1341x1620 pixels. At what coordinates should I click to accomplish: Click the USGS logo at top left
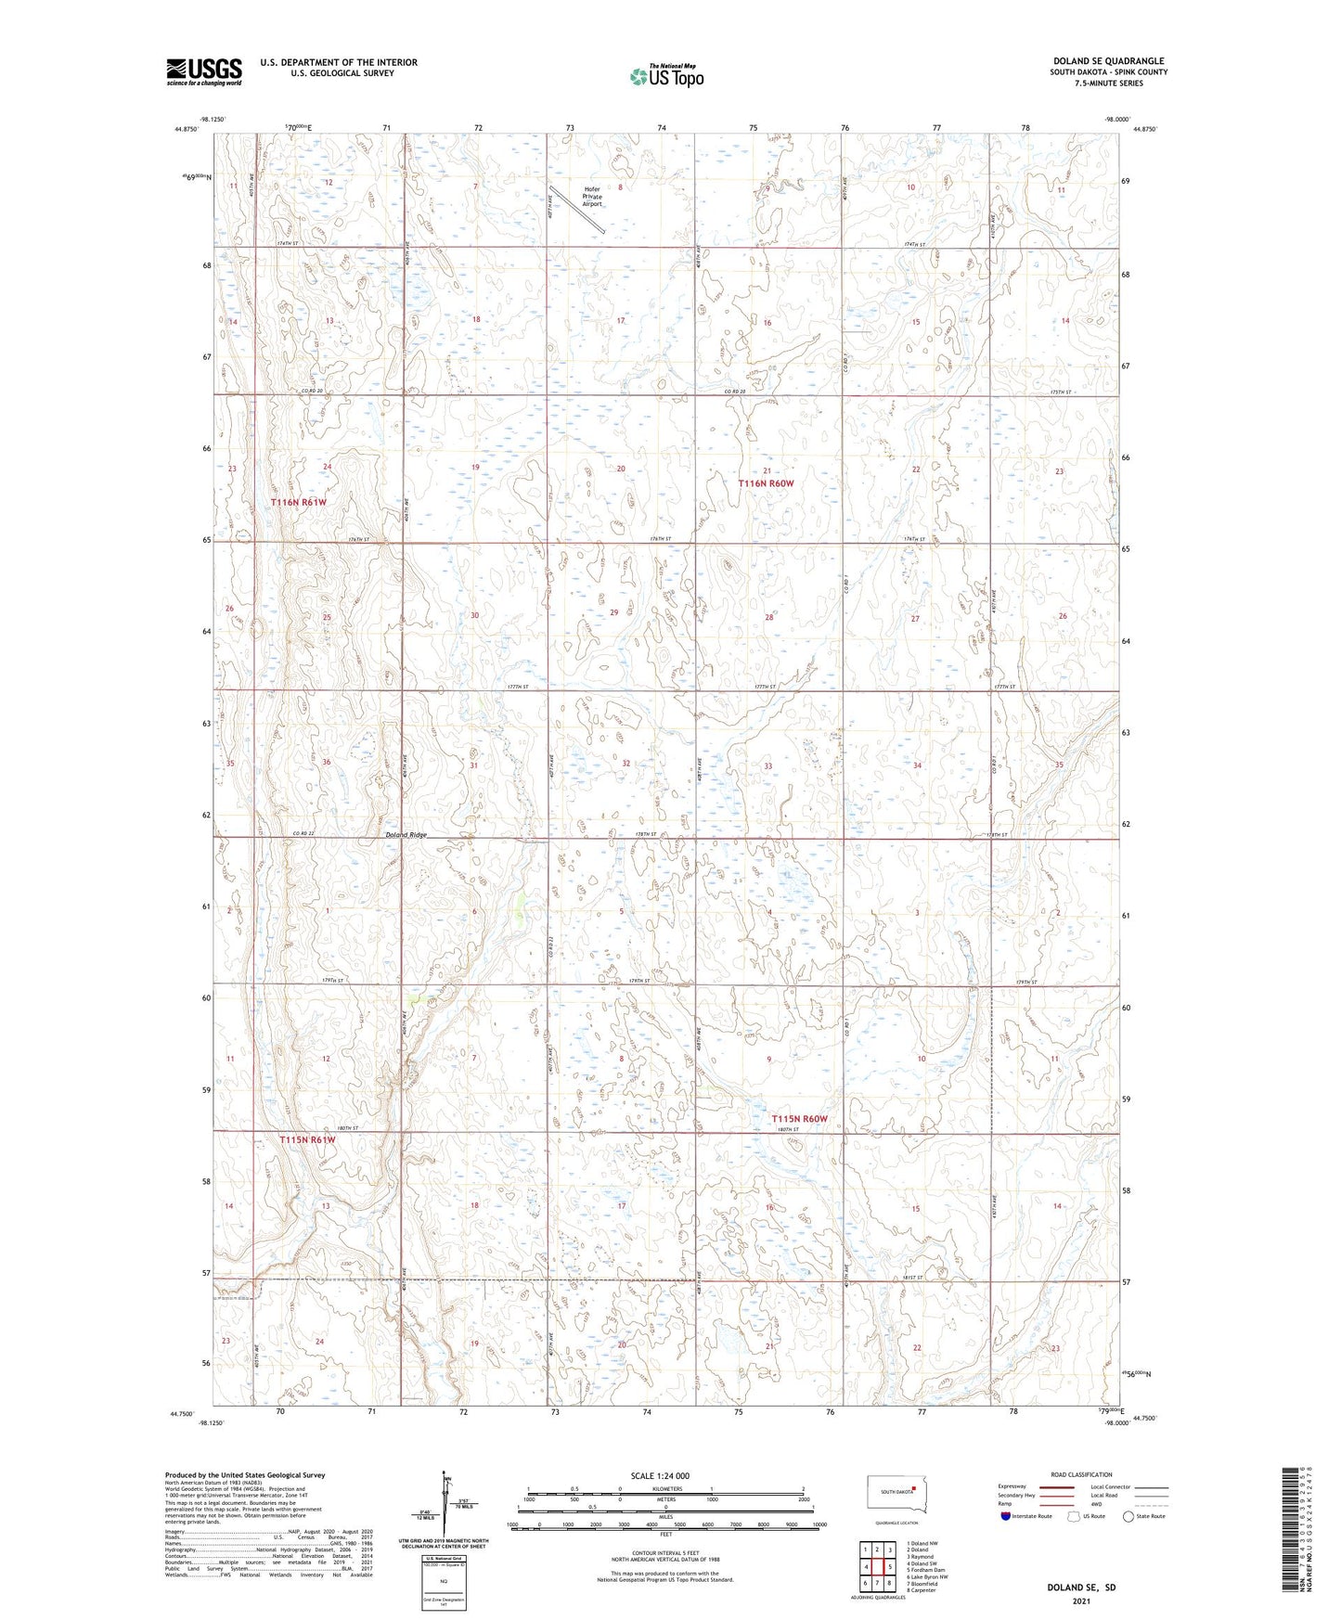point(204,71)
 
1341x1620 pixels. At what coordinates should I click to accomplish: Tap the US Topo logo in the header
point(665,77)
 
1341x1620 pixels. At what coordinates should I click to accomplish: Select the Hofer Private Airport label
point(592,196)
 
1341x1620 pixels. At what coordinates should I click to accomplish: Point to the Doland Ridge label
point(406,835)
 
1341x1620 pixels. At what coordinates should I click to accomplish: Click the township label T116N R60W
point(766,483)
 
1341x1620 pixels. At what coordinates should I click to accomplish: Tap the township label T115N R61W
point(307,1139)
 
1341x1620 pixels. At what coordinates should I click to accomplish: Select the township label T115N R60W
point(799,1119)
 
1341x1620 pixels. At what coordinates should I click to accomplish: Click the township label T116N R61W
point(299,502)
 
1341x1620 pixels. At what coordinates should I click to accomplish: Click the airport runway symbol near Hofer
point(577,210)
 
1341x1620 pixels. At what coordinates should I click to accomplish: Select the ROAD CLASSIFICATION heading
point(1081,1474)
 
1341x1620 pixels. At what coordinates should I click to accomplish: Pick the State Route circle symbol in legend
point(1128,1516)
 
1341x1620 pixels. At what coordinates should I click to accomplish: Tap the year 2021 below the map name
point(1080,1601)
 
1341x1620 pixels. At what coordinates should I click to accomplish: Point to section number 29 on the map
point(613,612)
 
